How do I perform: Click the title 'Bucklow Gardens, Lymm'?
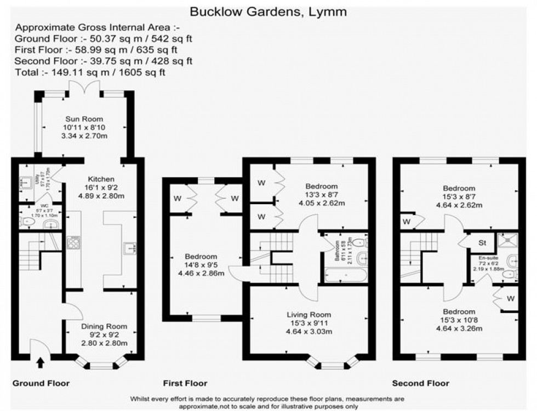(x=268, y=11)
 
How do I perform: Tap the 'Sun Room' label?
(x=84, y=119)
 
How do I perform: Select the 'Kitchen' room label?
(x=101, y=178)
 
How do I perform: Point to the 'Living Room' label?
(x=309, y=314)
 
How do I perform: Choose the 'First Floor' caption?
(x=185, y=383)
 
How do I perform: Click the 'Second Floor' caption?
(x=420, y=383)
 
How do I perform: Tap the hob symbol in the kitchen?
(x=73, y=242)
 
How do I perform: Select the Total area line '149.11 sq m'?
(x=90, y=72)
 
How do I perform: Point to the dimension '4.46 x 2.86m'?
(x=201, y=273)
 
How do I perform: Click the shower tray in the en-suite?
(x=506, y=241)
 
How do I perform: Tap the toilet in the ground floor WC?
(x=25, y=222)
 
